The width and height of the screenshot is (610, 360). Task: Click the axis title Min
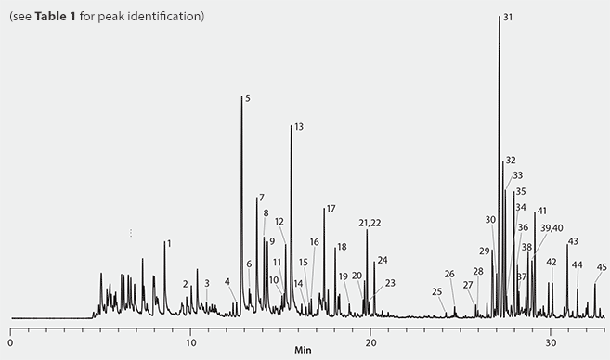(x=304, y=352)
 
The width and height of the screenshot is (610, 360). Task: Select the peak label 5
(x=247, y=97)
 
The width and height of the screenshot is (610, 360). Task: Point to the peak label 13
(x=298, y=126)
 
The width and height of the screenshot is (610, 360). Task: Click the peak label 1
(x=169, y=243)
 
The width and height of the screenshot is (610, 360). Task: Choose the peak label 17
(x=331, y=208)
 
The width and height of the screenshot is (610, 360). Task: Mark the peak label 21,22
(x=370, y=223)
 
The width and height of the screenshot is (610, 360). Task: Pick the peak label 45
(x=602, y=267)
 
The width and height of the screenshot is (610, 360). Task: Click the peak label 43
(x=573, y=241)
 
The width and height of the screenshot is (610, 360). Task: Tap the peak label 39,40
(x=552, y=227)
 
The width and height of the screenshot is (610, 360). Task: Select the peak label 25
(x=437, y=291)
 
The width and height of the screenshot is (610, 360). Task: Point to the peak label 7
(x=262, y=197)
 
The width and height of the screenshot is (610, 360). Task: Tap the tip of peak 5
(x=241, y=96)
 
